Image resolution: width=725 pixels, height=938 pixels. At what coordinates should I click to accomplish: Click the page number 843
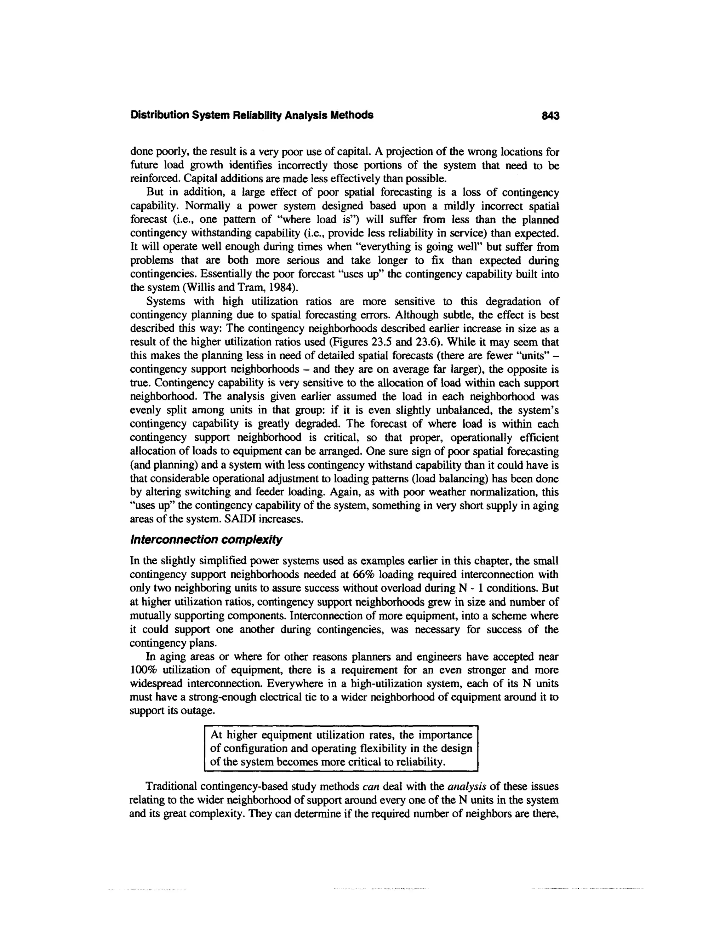click(x=550, y=115)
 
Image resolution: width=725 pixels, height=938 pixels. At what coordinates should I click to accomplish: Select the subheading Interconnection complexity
click(x=206, y=539)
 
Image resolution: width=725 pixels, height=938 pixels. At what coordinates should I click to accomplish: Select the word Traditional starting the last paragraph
click(x=171, y=787)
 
